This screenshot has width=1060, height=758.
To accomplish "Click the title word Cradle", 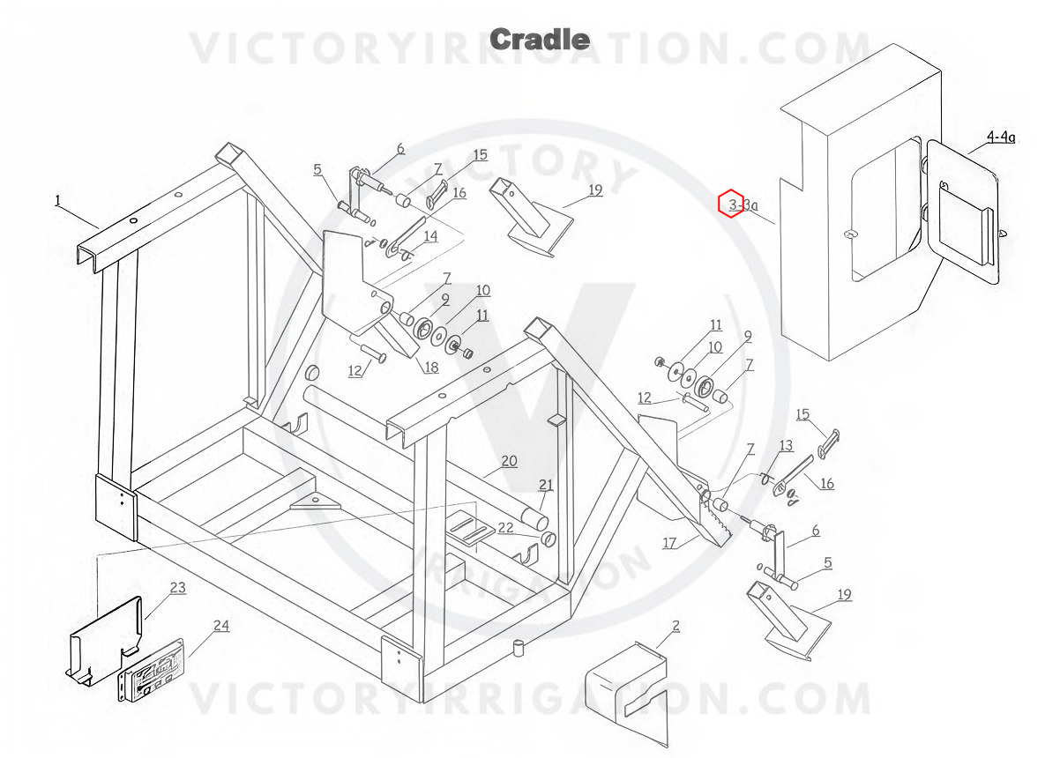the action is [540, 40].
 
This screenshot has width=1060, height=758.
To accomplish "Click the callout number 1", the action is [57, 201].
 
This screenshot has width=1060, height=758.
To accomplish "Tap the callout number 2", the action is [676, 626].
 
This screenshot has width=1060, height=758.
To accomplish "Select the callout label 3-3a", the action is [743, 204].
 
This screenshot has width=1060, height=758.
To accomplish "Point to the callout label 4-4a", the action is [1000, 137].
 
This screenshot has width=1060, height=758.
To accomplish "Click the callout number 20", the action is [509, 461].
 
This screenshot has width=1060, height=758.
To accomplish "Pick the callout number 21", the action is [546, 485].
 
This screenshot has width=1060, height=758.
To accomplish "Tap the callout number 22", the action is [506, 528].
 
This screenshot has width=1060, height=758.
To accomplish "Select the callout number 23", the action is [178, 587].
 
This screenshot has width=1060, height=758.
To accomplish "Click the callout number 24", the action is [221, 625].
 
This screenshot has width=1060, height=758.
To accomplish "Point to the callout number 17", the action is [669, 543].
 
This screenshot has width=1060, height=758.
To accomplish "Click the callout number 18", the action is [431, 367].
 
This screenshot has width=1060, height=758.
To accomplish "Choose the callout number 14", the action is [430, 235].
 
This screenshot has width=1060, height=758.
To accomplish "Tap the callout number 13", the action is [786, 445].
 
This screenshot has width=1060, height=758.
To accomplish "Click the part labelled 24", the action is [151, 671].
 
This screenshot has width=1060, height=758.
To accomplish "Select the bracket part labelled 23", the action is [104, 641].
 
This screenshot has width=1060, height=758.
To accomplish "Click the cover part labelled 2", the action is [626, 694].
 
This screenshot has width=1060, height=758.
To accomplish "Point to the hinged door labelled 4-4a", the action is [961, 212].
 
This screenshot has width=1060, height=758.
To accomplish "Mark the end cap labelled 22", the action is [548, 539].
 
